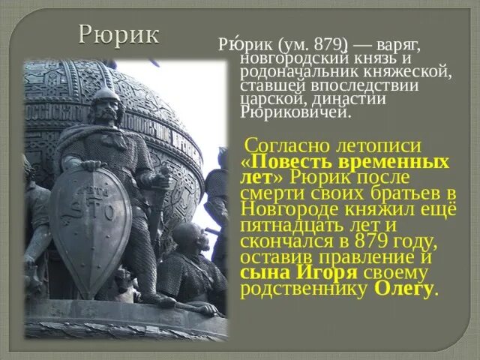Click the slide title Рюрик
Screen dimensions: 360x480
click(x=119, y=34)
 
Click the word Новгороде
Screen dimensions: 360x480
click(x=289, y=211)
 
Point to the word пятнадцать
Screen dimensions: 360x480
click(x=292, y=226)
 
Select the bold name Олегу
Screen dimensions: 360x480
click(x=403, y=289)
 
